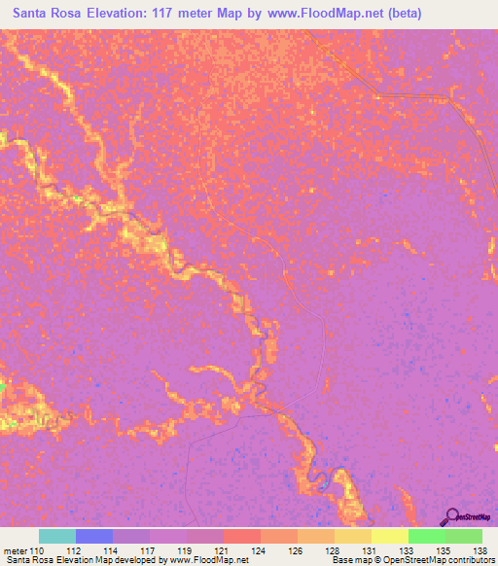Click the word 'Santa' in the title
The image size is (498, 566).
click(34, 13)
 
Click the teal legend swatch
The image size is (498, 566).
click(57, 536)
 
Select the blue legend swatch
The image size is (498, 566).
click(94, 536)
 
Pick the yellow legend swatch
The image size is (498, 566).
click(390, 536)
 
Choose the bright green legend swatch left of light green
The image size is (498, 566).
click(427, 536)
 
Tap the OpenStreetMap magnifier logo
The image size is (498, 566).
click(452, 516)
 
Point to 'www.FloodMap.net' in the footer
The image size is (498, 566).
click(205, 559)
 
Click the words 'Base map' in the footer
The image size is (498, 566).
click(349, 559)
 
